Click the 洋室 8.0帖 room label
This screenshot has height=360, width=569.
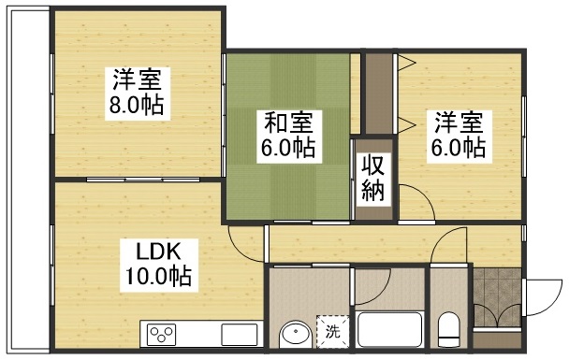click(x=138, y=94)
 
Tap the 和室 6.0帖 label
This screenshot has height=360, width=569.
click(x=289, y=137)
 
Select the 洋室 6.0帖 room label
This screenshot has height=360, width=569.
click(x=460, y=137)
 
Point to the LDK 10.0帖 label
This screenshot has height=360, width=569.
click(x=159, y=265)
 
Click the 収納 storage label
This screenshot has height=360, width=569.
click(x=373, y=180)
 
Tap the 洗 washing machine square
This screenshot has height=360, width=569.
click(x=333, y=332)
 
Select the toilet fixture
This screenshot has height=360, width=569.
click(x=449, y=329)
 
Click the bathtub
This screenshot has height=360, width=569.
click(x=389, y=329)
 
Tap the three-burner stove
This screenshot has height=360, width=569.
click(x=161, y=335)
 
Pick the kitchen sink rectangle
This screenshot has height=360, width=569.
click(x=240, y=335)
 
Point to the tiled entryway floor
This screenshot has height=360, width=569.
click(x=498, y=297)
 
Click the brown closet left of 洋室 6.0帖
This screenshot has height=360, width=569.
click(x=379, y=94)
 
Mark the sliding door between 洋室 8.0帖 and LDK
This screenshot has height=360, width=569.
click(x=143, y=180)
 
